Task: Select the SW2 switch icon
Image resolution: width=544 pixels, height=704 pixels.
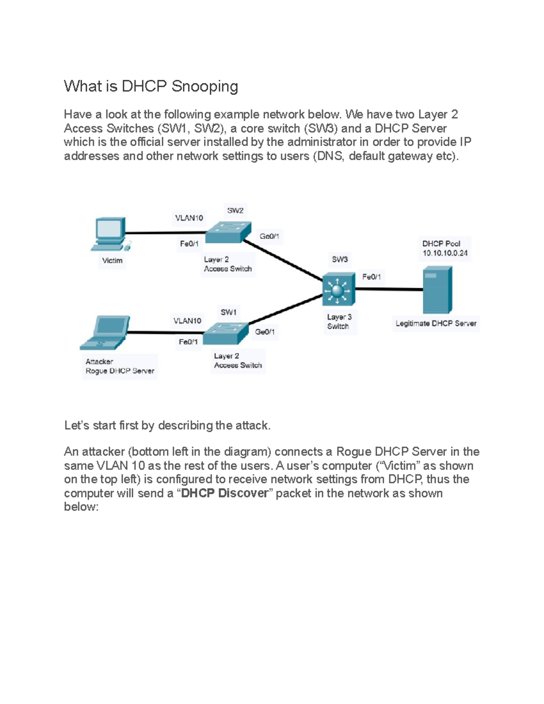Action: tap(228, 233)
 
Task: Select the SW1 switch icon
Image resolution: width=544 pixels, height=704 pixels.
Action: tap(225, 333)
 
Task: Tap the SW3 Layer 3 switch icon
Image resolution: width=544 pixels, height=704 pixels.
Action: tap(338, 289)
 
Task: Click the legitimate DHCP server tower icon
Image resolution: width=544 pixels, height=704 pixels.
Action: tap(437, 290)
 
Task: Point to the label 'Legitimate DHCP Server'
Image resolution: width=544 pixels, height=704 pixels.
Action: tap(436, 324)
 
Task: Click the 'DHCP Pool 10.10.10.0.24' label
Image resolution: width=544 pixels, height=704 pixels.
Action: tap(445, 248)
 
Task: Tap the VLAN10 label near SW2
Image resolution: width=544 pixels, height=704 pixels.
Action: tap(189, 218)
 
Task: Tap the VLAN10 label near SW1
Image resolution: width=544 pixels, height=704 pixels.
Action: tap(187, 321)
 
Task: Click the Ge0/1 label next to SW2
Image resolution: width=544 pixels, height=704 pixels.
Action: tap(269, 236)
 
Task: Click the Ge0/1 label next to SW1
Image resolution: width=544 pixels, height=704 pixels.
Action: tap(265, 332)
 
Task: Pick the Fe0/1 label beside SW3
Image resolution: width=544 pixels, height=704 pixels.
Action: tap(371, 277)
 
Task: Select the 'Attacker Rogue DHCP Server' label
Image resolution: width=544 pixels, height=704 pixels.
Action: tap(120, 366)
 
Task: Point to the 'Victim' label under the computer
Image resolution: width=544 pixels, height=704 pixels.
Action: tap(112, 261)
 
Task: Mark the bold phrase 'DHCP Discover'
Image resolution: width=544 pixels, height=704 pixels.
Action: tap(224, 493)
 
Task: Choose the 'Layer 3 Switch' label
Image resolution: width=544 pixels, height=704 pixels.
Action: tap(339, 322)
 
